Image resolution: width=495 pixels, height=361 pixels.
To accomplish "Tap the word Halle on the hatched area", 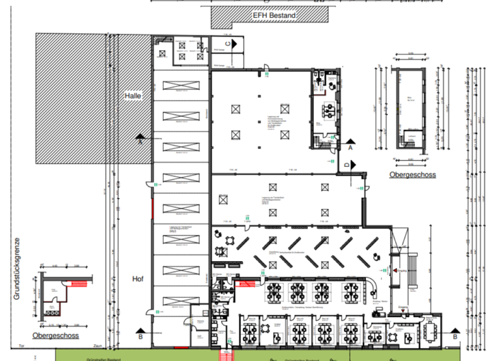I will click(x=133, y=95).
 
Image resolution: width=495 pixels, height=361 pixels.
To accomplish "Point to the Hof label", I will click(x=137, y=280).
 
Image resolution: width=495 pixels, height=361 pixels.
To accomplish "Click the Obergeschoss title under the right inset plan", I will click(x=412, y=175).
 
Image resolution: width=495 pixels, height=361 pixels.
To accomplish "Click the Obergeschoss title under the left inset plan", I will click(x=57, y=336).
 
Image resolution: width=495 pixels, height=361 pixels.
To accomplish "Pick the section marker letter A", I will click(x=351, y=148).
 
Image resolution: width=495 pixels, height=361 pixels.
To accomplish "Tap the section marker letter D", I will click(x=346, y=165).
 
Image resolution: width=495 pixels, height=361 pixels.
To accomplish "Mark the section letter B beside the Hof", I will click(x=141, y=336).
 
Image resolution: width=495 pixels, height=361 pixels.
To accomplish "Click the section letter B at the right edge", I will click(x=455, y=336).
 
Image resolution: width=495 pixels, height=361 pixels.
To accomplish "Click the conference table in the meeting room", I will click(x=430, y=331).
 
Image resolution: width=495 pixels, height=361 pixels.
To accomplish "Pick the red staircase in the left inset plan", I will click(x=79, y=284).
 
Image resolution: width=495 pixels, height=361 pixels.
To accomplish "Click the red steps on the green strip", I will click(x=225, y=355).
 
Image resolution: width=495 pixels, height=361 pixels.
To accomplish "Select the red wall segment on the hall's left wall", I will click(x=153, y=208).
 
